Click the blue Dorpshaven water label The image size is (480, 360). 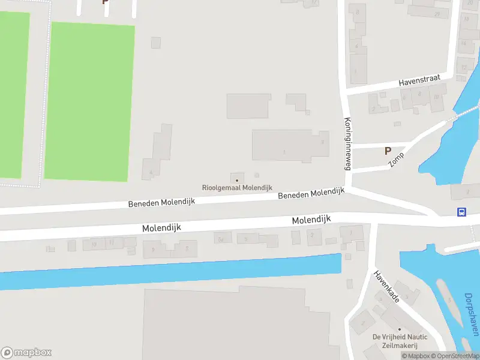coord(472,313)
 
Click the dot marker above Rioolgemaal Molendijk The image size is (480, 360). coord(237,179)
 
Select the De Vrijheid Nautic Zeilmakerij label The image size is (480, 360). coord(400,341)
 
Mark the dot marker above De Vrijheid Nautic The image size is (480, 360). coord(400,329)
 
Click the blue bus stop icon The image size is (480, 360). coord(461,212)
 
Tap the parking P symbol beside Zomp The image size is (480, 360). coord(388,151)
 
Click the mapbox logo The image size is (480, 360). coord(26,353)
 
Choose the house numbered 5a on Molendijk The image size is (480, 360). coord(221,239)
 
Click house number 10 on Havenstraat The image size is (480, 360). coord(436,97)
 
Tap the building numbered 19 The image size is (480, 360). coord(94,244)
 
